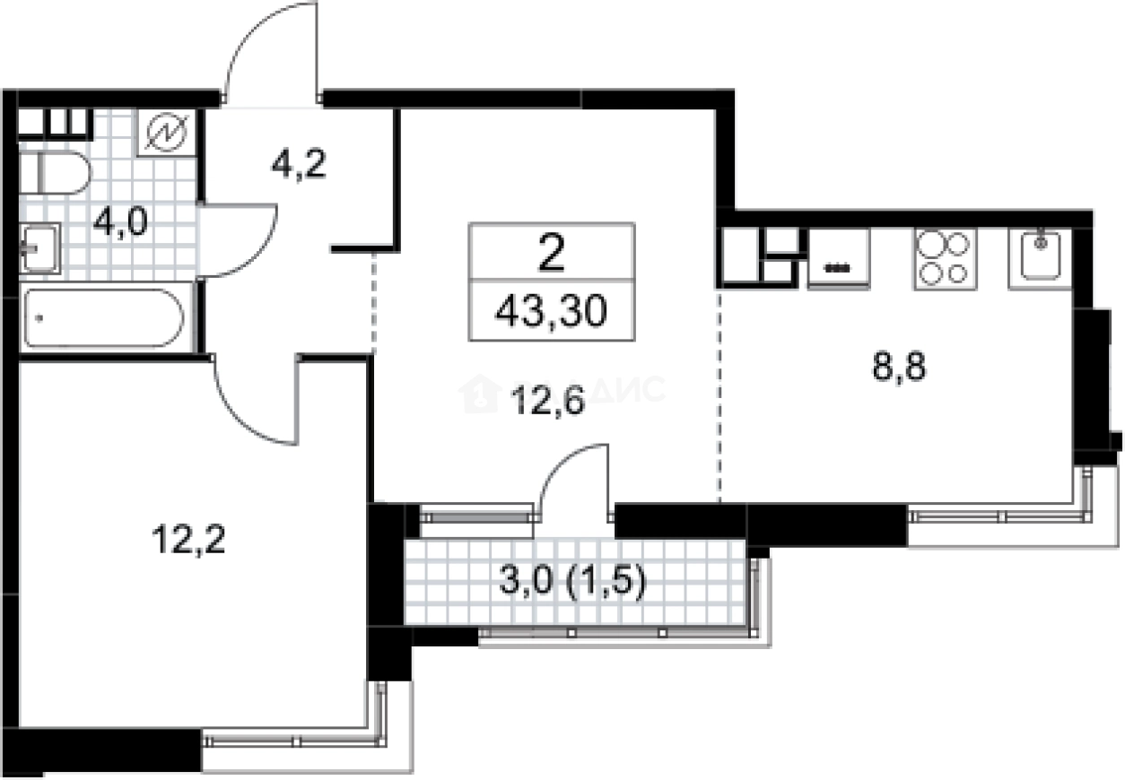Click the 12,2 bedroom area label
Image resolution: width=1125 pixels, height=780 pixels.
(188, 541)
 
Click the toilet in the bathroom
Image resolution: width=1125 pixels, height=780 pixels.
(53, 172)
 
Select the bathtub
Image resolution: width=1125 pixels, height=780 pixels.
(103, 318)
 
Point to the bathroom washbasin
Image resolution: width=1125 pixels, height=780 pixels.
(39, 247)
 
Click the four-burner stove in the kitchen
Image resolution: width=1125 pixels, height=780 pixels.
(944, 258)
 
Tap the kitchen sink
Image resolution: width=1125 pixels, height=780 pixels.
(1040, 257)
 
